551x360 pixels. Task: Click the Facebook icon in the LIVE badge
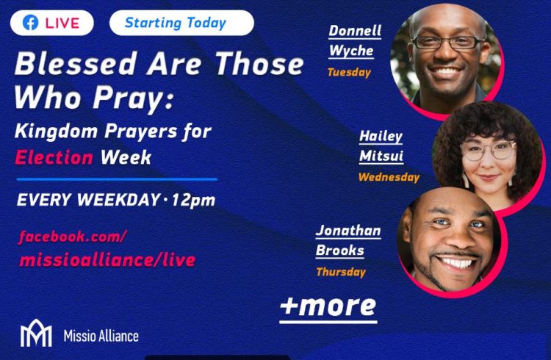[x=31, y=24]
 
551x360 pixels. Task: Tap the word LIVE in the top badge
[x=62, y=24]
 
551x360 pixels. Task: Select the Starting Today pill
[x=181, y=23]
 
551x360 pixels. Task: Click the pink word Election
[x=54, y=157]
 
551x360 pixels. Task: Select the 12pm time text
[x=193, y=200]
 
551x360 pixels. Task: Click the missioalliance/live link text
[x=107, y=260]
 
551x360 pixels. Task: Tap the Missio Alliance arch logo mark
[x=36, y=333]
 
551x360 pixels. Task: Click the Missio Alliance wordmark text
[x=101, y=336]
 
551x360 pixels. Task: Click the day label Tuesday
[x=349, y=73]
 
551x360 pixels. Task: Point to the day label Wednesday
[x=389, y=177]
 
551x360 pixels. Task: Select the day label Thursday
[x=341, y=272]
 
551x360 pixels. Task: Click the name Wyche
[x=351, y=51]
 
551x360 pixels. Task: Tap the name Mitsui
[x=381, y=156]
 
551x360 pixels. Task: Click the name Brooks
[x=340, y=251]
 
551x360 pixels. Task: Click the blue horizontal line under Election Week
[x=117, y=179]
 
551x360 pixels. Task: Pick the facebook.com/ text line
[x=72, y=237]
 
